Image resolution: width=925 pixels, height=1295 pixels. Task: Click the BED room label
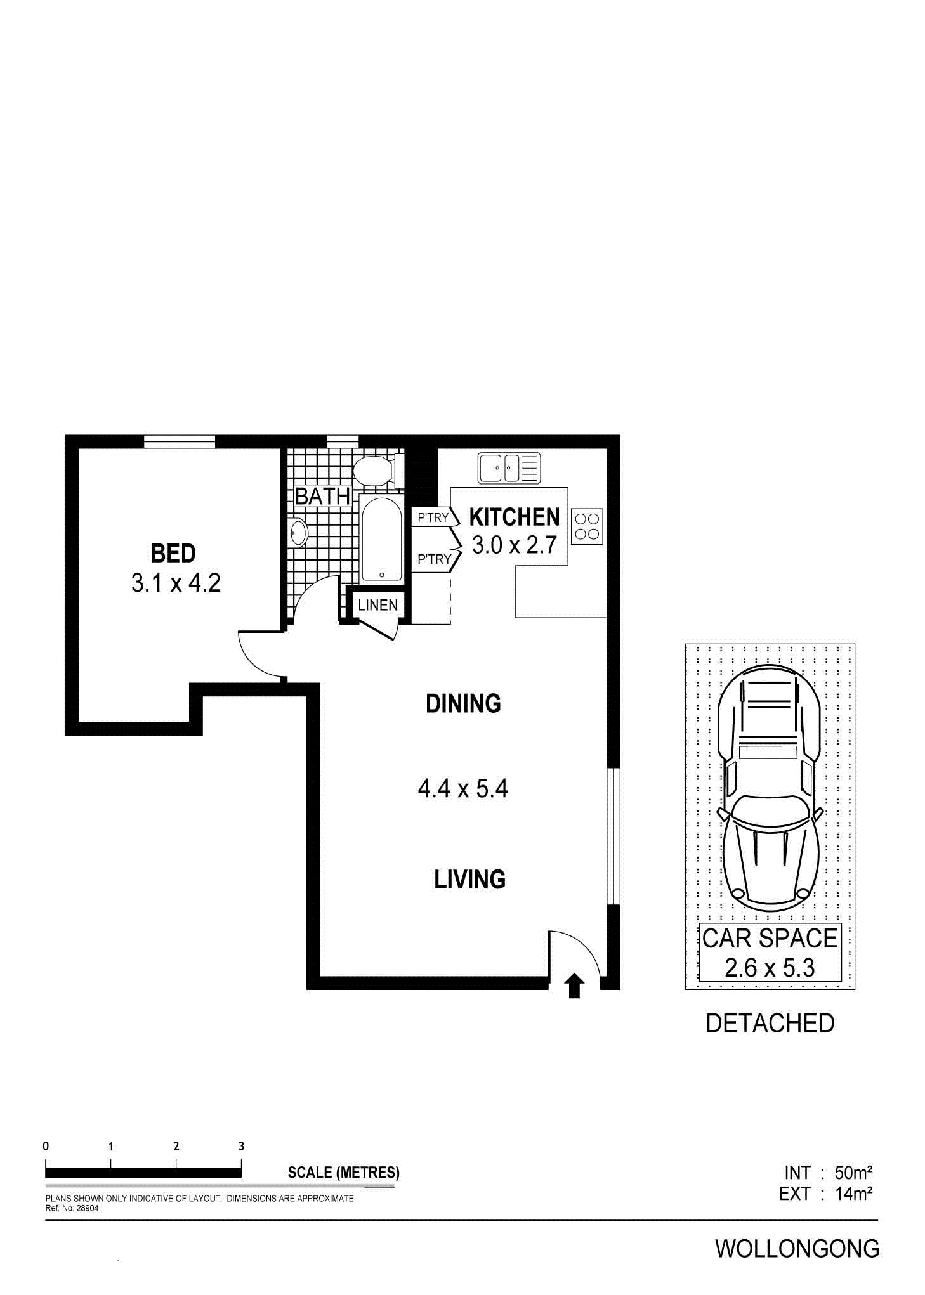pyautogui.click(x=173, y=553)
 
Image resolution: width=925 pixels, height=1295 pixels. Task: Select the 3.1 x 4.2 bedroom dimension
pyautogui.click(x=176, y=583)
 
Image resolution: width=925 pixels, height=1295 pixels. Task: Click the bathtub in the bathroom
pyautogui.click(x=381, y=539)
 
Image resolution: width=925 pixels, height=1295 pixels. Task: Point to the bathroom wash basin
pyautogui.click(x=299, y=531)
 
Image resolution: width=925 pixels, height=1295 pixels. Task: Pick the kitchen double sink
pyautogui.click(x=509, y=468)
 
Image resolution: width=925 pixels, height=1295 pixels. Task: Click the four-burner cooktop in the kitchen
pyautogui.click(x=587, y=526)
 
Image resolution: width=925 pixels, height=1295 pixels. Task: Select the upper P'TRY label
pyautogui.click(x=433, y=517)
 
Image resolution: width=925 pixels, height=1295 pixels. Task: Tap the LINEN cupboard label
pyautogui.click(x=378, y=605)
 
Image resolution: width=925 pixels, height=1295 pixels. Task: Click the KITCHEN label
pyautogui.click(x=515, y=517)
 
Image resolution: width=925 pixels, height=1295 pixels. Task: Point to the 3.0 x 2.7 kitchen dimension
pyautogui.click(x=515, y=544)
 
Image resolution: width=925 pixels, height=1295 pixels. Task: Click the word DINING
pyautogui.click(x=463, y=703)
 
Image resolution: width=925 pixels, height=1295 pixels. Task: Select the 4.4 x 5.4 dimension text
pyautogui.click(x=463, y=789)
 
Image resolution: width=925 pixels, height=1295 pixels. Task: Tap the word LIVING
pyautogui.click(x=470, y=880)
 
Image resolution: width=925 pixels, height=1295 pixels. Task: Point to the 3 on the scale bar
pyautogui.click(x=241, y=1146)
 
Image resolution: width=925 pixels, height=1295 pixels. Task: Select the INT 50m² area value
pyautogui.click(x=828, y=1171)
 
